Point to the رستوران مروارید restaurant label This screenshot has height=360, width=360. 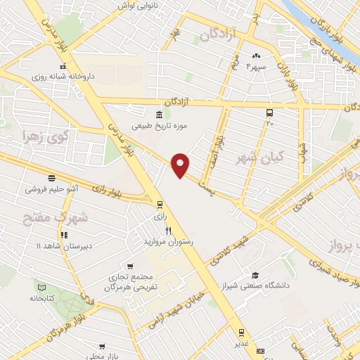coord(167,241)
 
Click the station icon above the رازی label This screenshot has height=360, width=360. coord(160,205)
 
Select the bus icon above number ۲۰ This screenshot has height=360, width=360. coord(269,112)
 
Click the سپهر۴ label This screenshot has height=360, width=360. coord(256,67)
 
